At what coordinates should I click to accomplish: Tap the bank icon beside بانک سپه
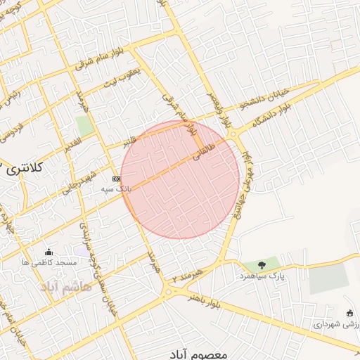[x=115, y=179]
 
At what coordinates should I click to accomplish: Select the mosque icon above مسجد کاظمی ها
[x=49, y=252]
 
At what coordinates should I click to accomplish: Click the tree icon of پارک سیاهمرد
[x=262, y=265]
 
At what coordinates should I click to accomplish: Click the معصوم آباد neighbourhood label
[x=199, y=354]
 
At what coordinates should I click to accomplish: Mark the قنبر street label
[x=129, y=142]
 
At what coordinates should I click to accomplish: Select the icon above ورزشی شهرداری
[x=349, y=313]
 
